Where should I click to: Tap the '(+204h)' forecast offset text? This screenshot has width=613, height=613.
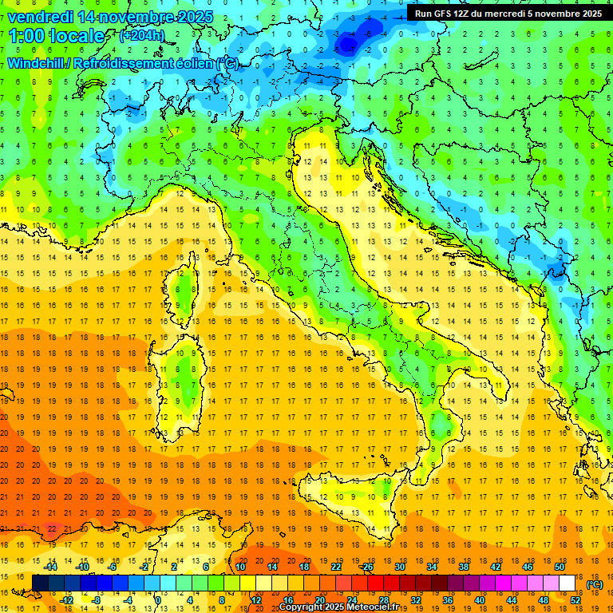[x=142, y=36]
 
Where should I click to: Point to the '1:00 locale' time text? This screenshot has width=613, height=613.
[x=57, y=36]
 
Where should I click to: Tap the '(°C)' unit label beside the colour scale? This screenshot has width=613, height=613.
[x=595, y=584]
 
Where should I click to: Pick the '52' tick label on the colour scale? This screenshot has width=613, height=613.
[x=575, y=600]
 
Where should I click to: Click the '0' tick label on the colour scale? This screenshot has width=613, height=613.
[x=158, y=600]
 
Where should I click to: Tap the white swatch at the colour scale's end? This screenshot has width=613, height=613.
[x=567, y=583]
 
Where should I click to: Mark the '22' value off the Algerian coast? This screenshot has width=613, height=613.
[x=51, y=528]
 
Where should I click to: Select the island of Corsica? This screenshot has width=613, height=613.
[x=185, y=287]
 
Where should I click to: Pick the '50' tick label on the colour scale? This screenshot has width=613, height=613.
[x=560, y=567]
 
